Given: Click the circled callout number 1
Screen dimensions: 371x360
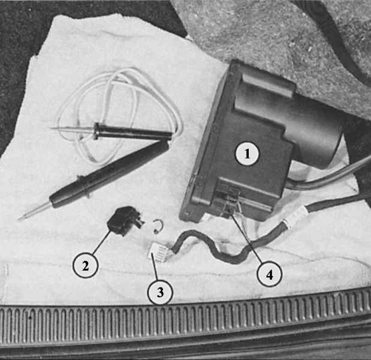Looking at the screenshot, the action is coord(247,154).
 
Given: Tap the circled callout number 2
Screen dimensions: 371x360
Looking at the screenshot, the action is coord(85,265).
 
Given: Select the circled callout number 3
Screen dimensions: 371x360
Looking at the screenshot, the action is coord(160,292).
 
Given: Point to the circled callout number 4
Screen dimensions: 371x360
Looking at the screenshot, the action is coord(269,275).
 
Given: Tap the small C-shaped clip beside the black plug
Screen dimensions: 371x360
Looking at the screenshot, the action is coord(156,226).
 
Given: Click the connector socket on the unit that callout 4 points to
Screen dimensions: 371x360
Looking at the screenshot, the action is coord(228,202).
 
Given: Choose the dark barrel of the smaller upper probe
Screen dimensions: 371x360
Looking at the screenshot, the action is coord(132,133).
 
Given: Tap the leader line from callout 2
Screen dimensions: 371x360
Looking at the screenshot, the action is coord(100,242).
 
